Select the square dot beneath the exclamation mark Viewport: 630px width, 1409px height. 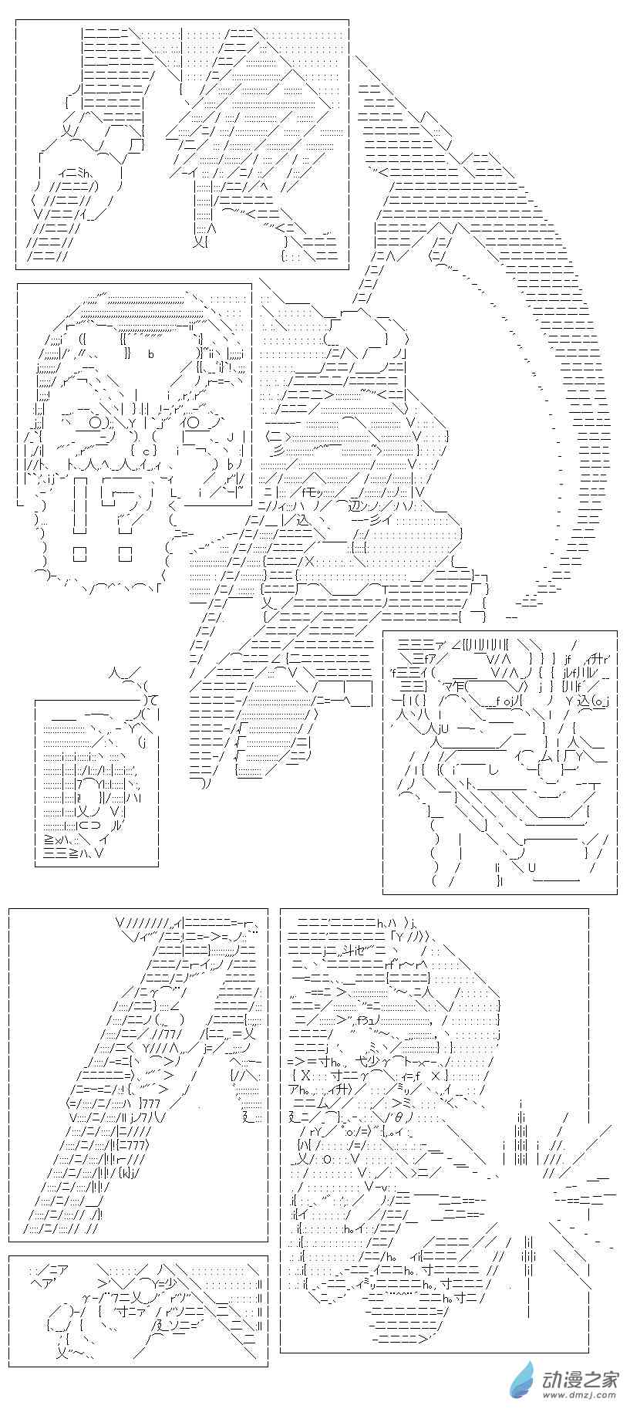click(79, 553)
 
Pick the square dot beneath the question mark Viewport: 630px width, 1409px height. click(125, 553)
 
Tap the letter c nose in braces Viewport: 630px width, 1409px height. click(143, 451)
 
